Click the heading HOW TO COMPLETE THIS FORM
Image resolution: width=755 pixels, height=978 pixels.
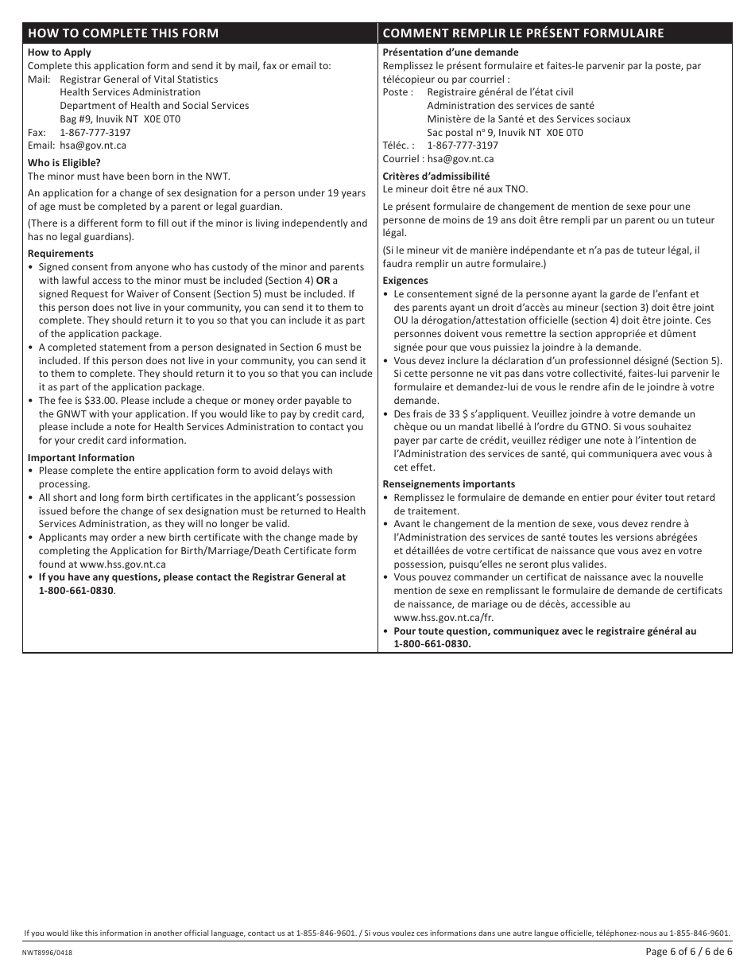(122, 33)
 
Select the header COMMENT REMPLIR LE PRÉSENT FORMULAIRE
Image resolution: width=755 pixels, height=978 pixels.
(523, 33)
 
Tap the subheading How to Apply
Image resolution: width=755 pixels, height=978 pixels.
(60, 52)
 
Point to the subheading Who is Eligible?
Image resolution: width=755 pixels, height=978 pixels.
(64, 163)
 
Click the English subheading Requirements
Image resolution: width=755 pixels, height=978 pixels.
(60, 254)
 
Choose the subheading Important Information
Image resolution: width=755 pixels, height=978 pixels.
(81, 457)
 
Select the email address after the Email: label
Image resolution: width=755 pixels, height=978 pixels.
(93, 146)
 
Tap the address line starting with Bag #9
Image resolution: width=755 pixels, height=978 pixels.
(120, 119)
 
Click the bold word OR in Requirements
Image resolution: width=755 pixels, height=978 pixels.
(323, 281)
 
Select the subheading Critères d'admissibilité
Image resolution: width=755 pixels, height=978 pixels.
(436, 176)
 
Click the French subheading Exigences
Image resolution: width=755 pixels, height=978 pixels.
(405, 281)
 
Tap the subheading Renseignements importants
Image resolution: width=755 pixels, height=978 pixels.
(448, 484)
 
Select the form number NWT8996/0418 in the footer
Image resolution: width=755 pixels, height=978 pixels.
(51, 952)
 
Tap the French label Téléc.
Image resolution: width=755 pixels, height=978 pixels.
(398, 146)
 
